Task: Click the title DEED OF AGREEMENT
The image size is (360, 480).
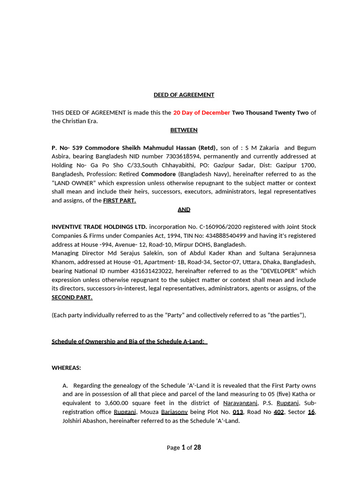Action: tap(184, 95)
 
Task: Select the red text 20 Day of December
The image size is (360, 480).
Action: tap(202, 112)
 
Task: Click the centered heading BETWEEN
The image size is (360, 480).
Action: tap(184, 130)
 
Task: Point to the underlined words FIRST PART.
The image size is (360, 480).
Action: tap(120, 201)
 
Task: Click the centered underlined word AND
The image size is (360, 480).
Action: tap(184, 210)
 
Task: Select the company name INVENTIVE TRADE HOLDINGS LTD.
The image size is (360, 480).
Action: tap(99, 227)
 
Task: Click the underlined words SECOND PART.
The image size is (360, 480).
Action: tap(72, 297)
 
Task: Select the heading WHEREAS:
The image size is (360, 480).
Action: tap(66, 368)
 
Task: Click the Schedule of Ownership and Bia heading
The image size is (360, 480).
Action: tap(128, 341)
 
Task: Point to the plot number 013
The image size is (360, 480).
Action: tap(238, 412)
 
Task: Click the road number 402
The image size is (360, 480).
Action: tap(278, 412)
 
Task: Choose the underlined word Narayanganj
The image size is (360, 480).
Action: tap(240, 403)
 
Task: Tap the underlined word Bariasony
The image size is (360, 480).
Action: tap(174, 412)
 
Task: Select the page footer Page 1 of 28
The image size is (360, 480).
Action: tap(184, 448)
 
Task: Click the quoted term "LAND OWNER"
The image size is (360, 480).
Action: tap(72, 183)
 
